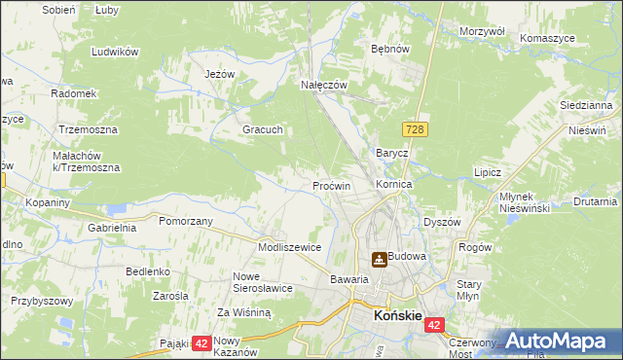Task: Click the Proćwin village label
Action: click(x=331, y=185)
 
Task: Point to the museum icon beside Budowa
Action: click(x=378, y=259)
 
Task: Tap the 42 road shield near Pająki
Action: click(x=201, y=342)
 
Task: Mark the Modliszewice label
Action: click(x=289, y=247)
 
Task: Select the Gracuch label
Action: click(x=262, y=129)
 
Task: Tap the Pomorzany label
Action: click(x=186, y=221)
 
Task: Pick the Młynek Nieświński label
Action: click(x=526, y=201)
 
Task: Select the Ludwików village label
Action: click(x=112, y=51)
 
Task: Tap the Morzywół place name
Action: click(x=482, y=31)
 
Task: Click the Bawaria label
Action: click(x=348, y=279)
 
